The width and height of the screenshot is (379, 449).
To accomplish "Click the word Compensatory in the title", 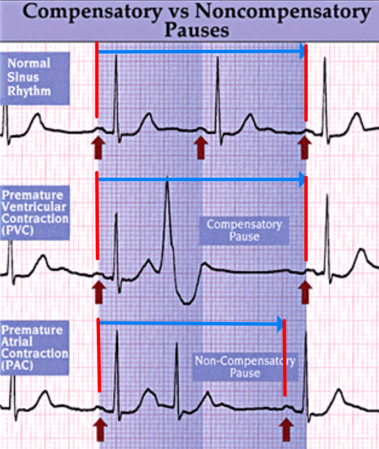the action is pos(92,12).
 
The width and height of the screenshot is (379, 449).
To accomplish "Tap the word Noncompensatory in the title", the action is pos(283,12).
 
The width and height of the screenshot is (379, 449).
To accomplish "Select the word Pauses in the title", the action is pos(197,30).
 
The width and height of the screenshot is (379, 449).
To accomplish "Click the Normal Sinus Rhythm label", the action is pos(35,78).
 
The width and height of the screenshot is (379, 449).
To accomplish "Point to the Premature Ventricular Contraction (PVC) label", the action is pos(35,213).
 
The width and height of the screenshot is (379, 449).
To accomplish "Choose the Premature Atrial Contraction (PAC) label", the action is pos(35,347).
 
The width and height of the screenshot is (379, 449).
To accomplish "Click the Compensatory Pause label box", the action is pos(244,231).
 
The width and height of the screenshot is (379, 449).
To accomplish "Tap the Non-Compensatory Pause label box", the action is pos(245,367).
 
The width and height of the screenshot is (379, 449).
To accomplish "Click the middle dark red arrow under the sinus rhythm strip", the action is pos(201,147).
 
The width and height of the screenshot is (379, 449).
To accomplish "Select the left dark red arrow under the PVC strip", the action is pos(99,292).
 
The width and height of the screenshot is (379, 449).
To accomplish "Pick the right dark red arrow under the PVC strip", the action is pos(305,292).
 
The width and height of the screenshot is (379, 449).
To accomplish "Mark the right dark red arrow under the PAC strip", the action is pos(286,429).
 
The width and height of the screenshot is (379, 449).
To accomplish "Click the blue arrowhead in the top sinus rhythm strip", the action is pos(303,52).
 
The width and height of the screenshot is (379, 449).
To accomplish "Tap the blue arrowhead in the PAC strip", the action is pos(280,324).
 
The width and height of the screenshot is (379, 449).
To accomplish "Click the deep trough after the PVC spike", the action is pos(187,302).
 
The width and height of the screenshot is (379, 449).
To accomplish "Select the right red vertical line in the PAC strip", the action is pos(285,358).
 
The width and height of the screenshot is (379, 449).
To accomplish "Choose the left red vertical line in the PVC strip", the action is pos(97,216).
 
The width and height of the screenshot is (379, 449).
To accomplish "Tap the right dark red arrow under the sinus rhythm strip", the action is pos(305,147).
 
